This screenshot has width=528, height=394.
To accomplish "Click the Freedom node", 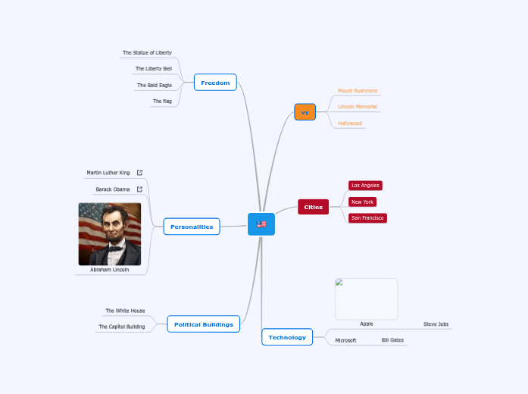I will tap(215, 83).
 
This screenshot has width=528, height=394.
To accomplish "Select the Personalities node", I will tap(192, 227).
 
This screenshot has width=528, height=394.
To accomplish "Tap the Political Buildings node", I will tap(203, 324).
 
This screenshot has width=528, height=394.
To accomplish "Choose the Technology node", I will tap(287, 337).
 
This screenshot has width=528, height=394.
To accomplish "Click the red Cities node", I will tap(313, 207).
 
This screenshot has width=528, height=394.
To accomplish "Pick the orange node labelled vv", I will tap(305, 112).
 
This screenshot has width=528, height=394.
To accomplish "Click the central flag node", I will tap(261, 224).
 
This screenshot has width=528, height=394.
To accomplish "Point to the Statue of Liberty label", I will tap(147, 53).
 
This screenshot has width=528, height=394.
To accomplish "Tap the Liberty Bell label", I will tap(154, 69).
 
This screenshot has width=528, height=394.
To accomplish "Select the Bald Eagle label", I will tap(154, 86).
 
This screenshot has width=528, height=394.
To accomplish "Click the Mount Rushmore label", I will tap(358, 91).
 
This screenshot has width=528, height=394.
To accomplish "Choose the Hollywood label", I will tap(350, 124).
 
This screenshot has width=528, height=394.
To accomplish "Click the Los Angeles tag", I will tap(365, 186).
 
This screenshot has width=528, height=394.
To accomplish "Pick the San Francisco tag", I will tap(368, 218).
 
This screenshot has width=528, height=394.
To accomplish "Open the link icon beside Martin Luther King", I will tap(139, 173).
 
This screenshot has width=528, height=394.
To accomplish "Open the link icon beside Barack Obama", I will tap(139, 189).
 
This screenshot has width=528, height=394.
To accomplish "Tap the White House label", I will tap(125, 311).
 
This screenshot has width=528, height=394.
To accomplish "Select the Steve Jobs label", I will tap(436, 324).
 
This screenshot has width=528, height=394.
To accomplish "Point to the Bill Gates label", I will tap(392, 341).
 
